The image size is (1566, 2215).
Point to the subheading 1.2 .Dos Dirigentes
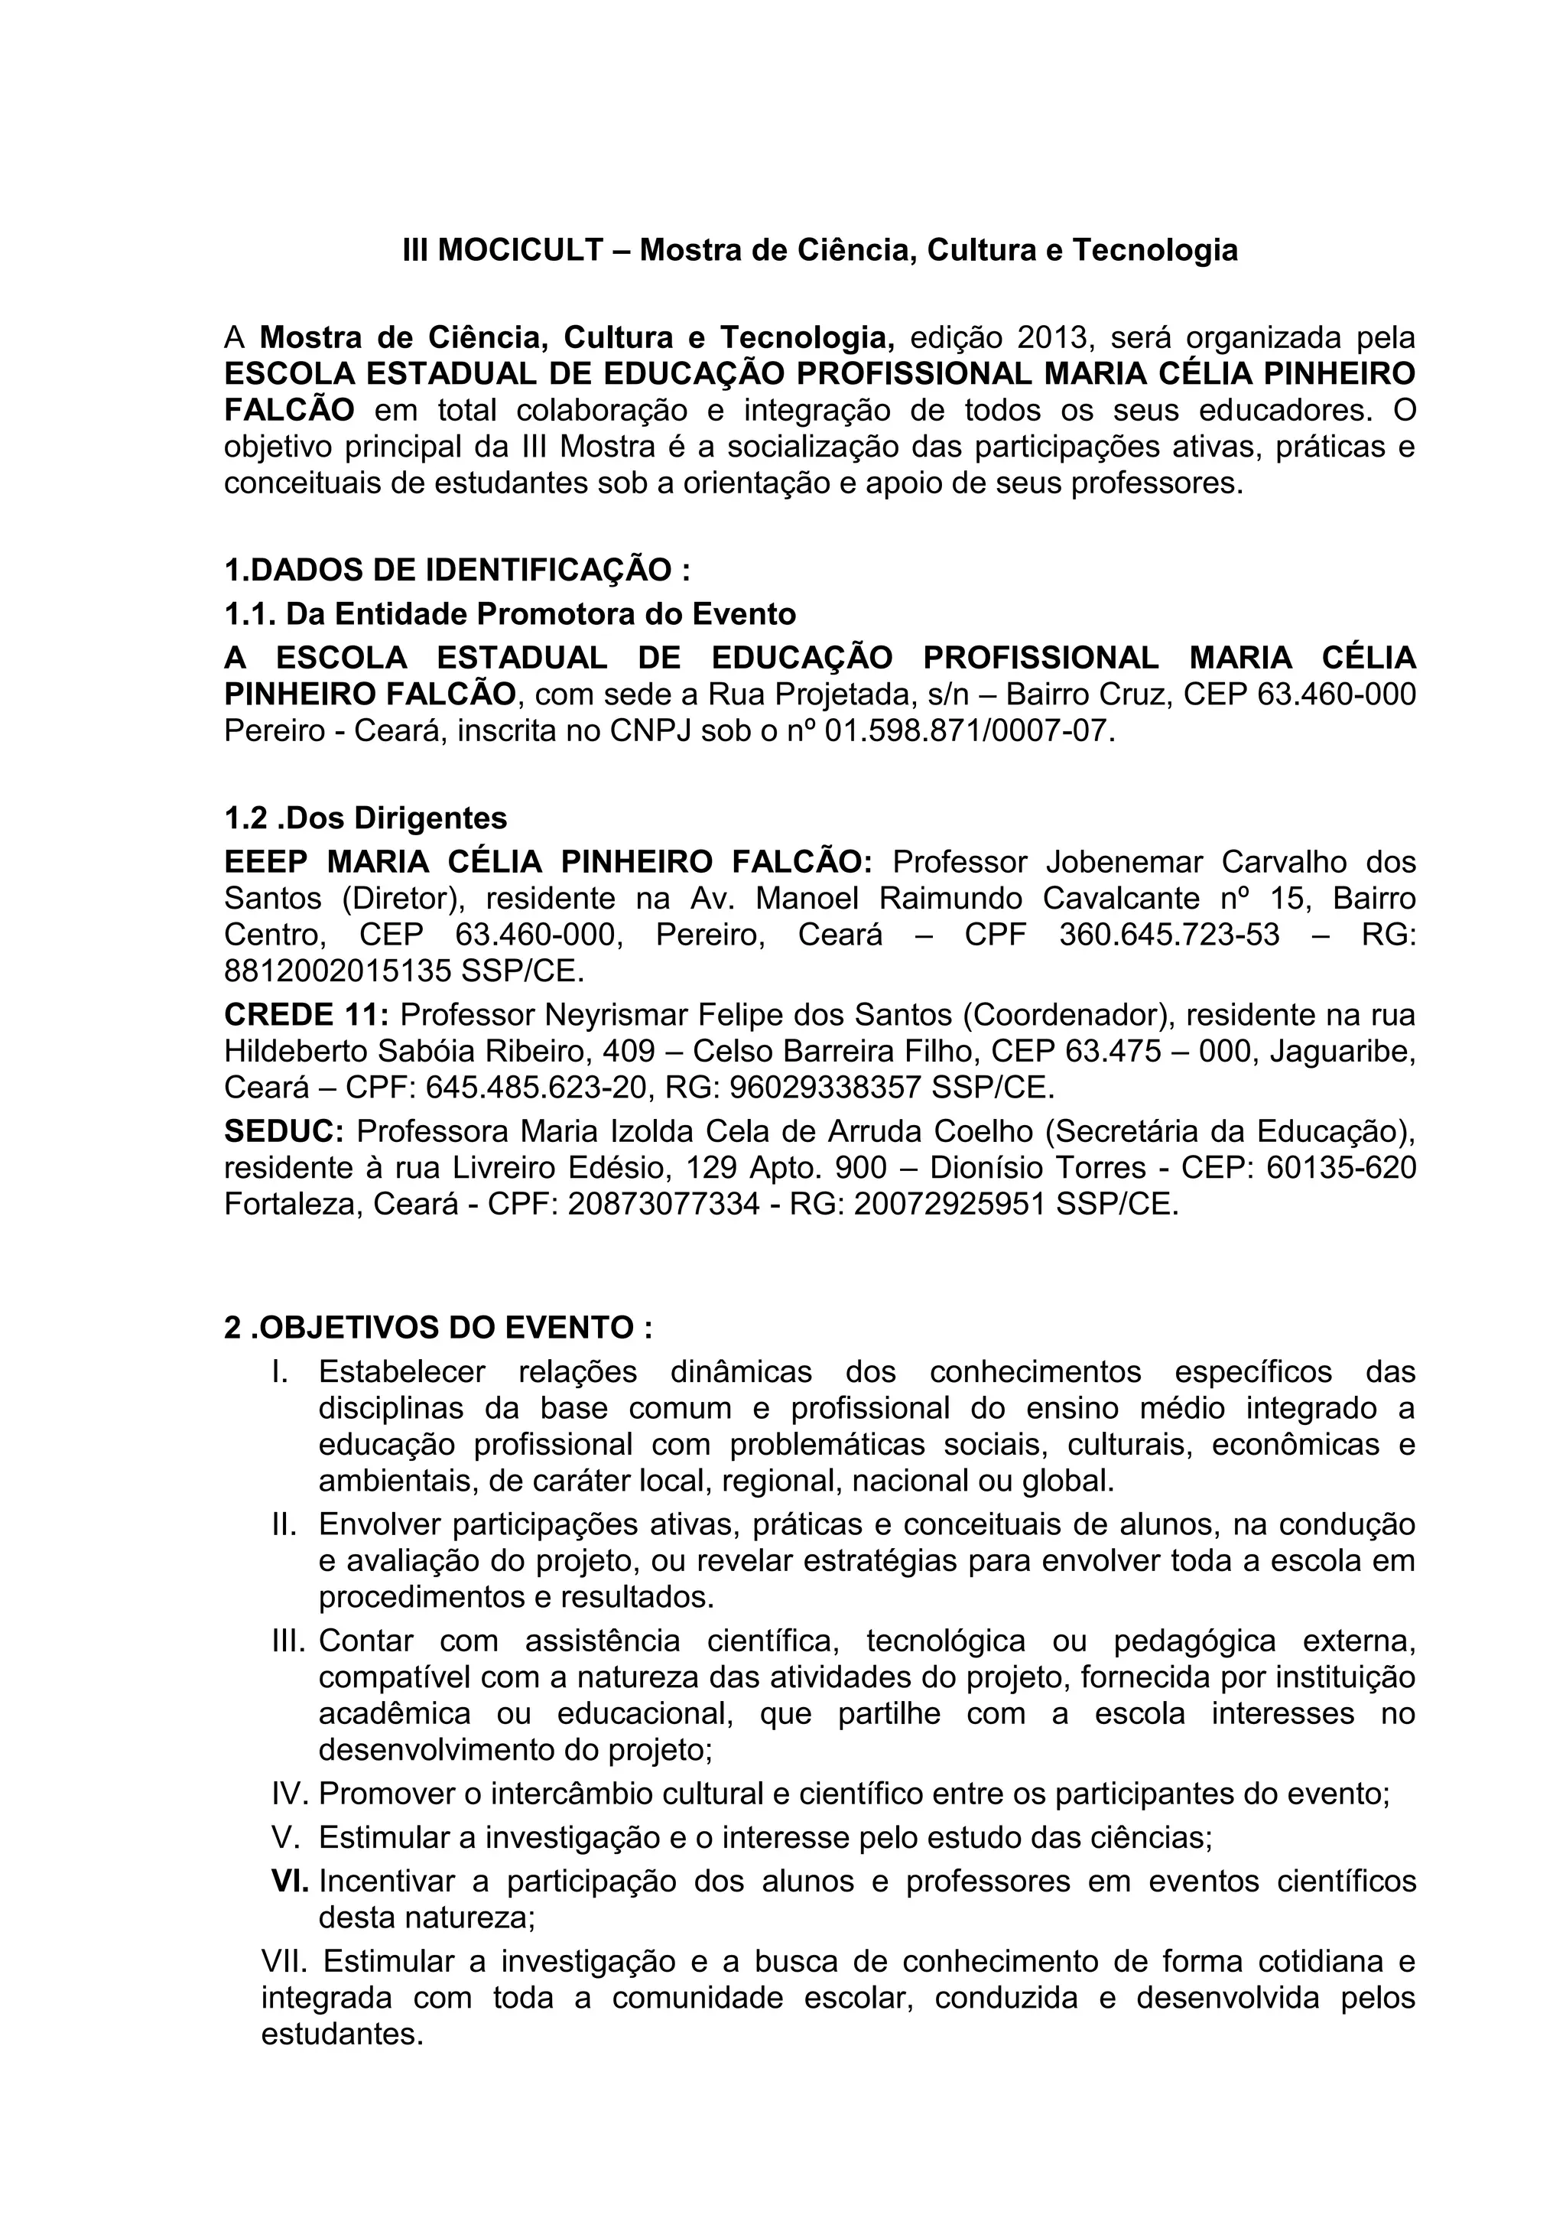click(366, 818)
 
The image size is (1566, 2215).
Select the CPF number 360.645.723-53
click(1168, 935)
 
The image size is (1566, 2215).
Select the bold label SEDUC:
click(284, 1130)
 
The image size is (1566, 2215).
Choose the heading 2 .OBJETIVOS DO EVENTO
click(438, 1328)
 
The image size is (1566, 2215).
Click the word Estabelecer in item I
click(402, 1371)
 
